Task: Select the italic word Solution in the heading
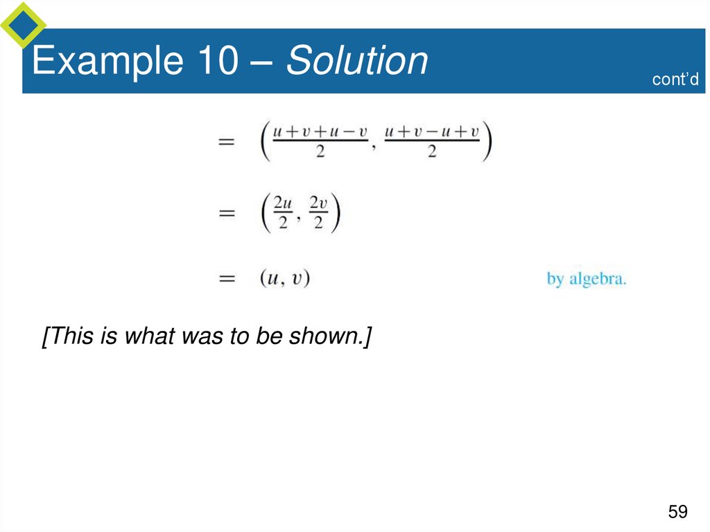point(357,61)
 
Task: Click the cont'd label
point(675,79)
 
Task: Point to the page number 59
point(677,513)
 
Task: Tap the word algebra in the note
point(598,280)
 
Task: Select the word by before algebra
point(555,280)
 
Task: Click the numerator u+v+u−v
point(320,131)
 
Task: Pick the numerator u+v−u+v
point(431,131)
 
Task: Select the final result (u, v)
point(284,279)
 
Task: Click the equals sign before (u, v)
point(227,279)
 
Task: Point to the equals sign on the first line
point(227,141)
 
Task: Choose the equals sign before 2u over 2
point(227,214)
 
